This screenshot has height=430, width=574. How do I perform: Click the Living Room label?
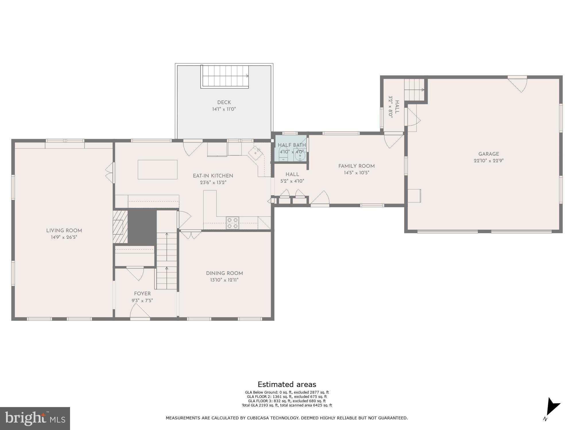64,230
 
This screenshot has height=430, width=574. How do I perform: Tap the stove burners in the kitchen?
232,223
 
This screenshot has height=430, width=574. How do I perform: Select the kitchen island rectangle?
157,169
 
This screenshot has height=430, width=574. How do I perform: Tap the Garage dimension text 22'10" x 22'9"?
488,161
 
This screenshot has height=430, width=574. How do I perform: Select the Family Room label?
356,166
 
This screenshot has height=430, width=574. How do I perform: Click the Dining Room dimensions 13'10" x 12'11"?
224,280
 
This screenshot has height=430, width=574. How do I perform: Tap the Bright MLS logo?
35,418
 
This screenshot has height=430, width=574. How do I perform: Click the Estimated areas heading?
287,384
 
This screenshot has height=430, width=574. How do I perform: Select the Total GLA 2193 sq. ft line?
287,405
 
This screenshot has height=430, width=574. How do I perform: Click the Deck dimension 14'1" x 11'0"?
224,109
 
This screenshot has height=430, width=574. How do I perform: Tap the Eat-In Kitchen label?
213,176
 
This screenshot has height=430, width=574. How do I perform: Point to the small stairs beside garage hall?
414,89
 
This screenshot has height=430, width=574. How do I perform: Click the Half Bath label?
292,145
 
